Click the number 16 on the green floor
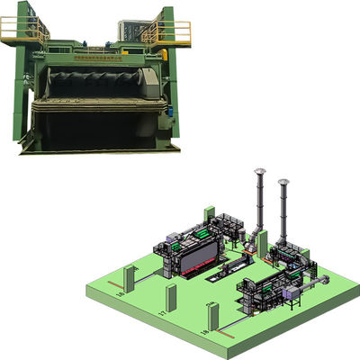point(121,293)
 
